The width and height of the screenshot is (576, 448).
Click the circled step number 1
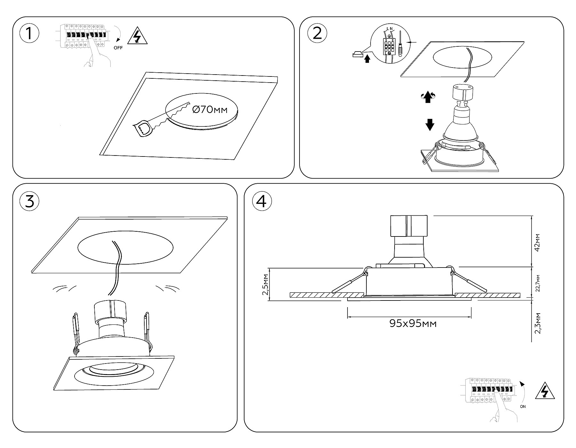tap(29, 33)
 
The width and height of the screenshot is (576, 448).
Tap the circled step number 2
tap(317, 33)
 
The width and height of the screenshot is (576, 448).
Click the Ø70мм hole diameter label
tap(210, 110)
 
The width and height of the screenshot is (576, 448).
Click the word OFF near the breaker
tap(118, 48)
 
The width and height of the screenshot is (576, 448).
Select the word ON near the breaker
tap(523, 407)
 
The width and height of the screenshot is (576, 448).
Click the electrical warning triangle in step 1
tap(137, 36)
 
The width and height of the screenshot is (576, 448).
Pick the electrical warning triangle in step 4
tap(545, 391)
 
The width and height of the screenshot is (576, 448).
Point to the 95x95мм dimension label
tap(413, 324)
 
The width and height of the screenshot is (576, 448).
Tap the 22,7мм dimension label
tap(538, 283)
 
